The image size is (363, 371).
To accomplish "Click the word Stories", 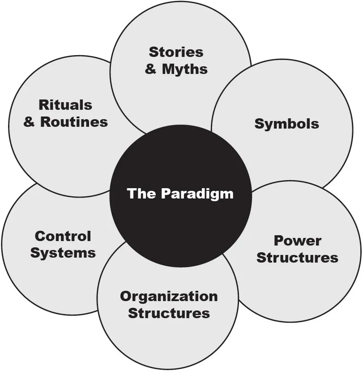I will click(176, 52).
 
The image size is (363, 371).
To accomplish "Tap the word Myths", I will click(184, 69).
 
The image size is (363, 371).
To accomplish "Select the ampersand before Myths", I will click(151, 70).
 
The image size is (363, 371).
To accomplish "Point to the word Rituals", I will click(65, 105).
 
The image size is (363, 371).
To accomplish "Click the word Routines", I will click(74, 122).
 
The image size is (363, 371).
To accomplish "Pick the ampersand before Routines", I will click(30, 122).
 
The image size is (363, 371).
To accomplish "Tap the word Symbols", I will click(286, 124).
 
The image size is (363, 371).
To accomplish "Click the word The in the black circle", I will click(141, 194).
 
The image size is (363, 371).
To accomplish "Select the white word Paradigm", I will click(197, 194).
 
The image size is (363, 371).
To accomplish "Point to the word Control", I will click(63, 236).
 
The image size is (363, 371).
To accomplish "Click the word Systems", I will click(63, 253).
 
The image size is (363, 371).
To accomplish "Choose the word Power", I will click(297, 241).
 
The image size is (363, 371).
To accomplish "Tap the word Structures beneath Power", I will click(297, 258).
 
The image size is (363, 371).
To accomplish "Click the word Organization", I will click(169, 297).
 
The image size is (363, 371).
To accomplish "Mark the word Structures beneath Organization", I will click(169, 313).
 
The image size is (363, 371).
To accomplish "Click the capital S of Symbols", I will click(259, 124).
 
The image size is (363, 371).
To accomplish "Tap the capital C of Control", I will click(40, 236).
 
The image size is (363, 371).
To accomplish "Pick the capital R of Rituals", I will click(43, 105).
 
